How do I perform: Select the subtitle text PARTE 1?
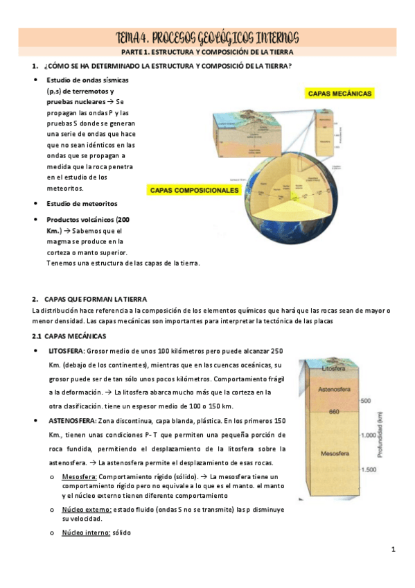[x=137, y=52]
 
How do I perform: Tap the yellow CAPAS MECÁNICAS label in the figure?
[x=339, y=93]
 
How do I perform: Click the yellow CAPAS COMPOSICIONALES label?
[x=194, y=189]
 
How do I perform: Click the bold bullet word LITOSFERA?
[x=66, y=352]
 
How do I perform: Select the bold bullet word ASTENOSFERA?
[x=71, y=420]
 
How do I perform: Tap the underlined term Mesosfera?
[x=79, y=476]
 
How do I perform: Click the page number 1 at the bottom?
[x=393, y=550]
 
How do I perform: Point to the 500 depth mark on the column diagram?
[x=367, y=401]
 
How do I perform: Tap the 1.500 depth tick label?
[x=368, y=469]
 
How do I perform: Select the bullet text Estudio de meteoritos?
[x=82, y=203]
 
